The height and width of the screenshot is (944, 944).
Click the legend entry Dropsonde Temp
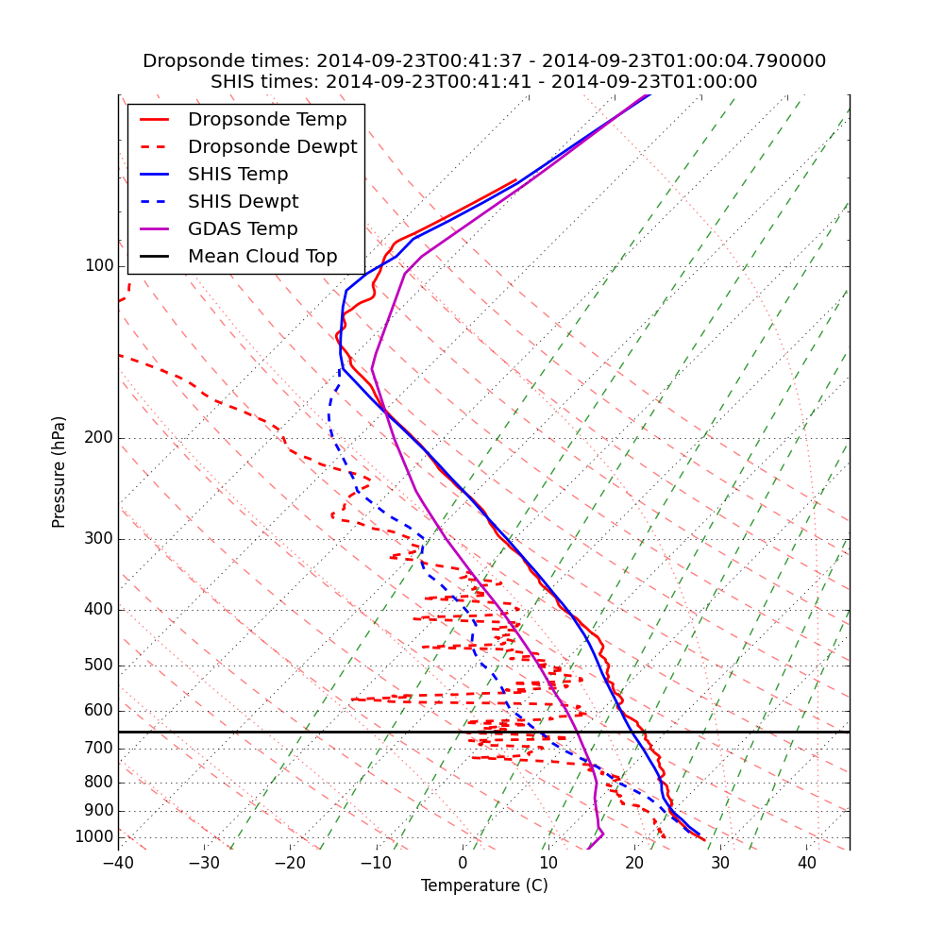click(x=267, y=120)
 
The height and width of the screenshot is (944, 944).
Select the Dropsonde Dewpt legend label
click(x=272, y=147)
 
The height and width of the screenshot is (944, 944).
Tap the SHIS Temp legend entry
click(x=238, y=175)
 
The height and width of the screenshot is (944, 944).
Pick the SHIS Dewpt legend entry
click(x=243, y=202)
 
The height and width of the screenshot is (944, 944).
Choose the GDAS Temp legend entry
click(x=243, y=229)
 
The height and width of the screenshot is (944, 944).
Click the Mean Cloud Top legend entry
click(x=261, y=257)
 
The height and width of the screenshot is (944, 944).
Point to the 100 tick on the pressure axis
click(x=99, y=266)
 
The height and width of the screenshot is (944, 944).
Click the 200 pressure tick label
click(x=99, y=438)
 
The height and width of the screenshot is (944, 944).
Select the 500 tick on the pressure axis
click(x=99, y=666)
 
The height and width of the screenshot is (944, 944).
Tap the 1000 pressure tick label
click(x=94, y=837)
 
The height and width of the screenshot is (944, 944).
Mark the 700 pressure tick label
click(x=99, y=749)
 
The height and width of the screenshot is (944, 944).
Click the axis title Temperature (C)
click(x=484, y=886)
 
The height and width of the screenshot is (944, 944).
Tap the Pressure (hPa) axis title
click(x=59, y=472)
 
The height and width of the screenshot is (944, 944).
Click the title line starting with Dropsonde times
click(x=484, y=61)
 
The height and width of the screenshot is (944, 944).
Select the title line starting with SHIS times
click(x=484, y=82)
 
